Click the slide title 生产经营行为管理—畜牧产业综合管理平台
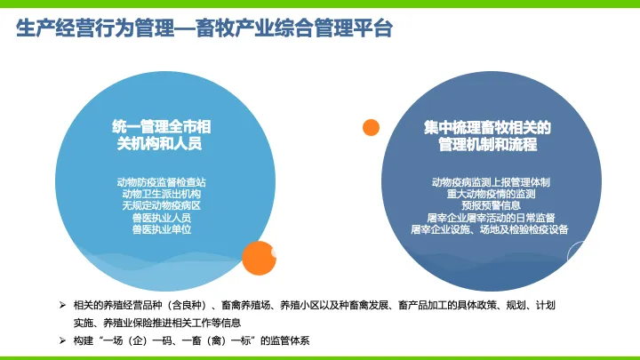coord(204,28)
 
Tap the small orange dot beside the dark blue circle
coord(371,127)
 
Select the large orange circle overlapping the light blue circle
coord(259,258)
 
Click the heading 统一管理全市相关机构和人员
coord(161,135)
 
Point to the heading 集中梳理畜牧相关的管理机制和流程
coord(487,136)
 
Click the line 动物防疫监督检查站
coord(161,182)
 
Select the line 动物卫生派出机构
coord(161,194)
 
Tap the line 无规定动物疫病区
coord(161,205)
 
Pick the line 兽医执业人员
coord(161,218)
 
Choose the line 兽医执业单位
coord(161,229)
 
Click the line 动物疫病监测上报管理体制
coord(491,182)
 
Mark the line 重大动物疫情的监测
coord(491,194)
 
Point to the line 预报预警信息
coord(491,205)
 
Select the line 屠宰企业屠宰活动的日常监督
coord(491,218)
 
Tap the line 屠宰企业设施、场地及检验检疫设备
coord(490,229)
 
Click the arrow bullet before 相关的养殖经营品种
coord(62,305)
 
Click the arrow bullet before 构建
coord(62,340)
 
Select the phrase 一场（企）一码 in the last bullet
coord(137,340)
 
